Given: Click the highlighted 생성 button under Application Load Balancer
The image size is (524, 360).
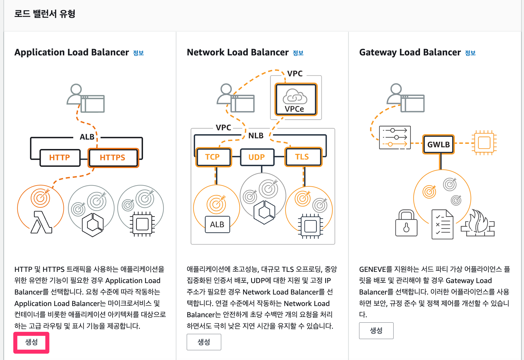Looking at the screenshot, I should click(31, 342).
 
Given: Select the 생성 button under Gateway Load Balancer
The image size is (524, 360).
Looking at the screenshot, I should click(376, 331).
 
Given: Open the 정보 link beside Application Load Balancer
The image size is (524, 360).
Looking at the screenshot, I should click(138, 53).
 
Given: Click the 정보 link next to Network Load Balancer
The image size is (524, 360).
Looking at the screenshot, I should click(298, 53).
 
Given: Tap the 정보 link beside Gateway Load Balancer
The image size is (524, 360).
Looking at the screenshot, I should click(470, 53).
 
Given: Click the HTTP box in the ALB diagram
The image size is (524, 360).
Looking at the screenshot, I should click(60, 158).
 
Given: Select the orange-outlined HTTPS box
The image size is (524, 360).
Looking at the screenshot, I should click(113, 158).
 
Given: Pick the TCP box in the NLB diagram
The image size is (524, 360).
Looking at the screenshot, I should click(213, 157).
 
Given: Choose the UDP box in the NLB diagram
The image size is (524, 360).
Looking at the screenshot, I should click(257, 157).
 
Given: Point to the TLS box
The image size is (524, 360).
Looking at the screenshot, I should click(303, 157).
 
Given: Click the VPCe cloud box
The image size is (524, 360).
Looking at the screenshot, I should click(296, 99).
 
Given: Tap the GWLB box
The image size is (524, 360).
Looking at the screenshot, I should click(438, 144).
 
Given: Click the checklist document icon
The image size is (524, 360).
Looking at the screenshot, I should click(442, 224).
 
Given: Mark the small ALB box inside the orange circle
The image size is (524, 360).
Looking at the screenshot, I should click(217, 224).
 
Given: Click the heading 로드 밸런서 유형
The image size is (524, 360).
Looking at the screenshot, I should click(45, 14).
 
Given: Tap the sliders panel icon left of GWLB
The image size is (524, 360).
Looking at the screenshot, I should click(395, 138).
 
